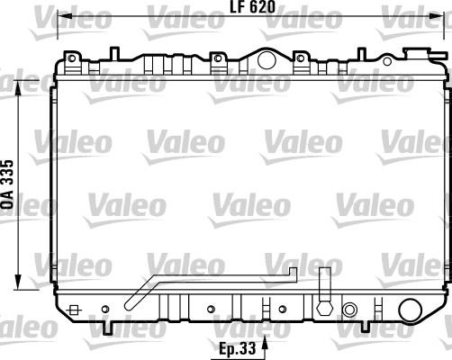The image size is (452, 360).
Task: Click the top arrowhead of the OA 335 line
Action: coord(20,82)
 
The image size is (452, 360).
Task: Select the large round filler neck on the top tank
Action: coord(266,60)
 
